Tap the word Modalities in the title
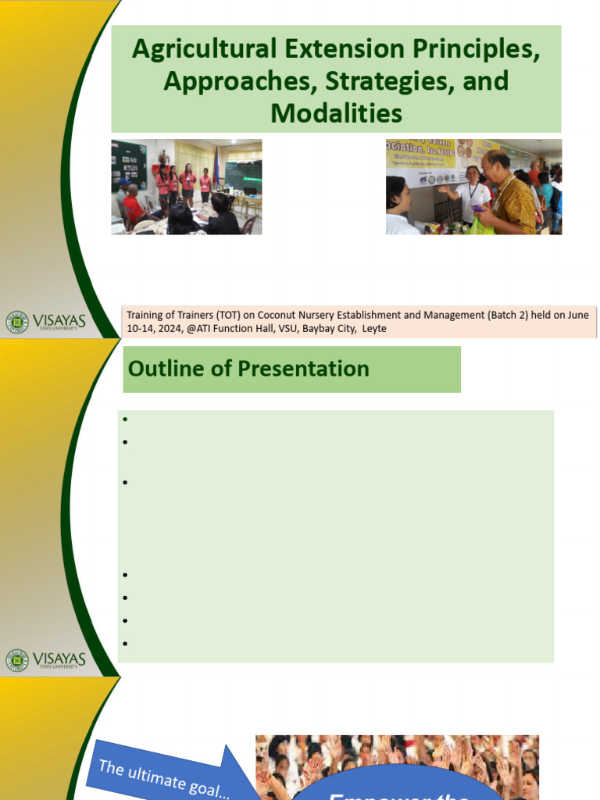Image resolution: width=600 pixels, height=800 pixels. tap(336, 113)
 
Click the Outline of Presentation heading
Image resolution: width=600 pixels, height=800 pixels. tap(248, 369)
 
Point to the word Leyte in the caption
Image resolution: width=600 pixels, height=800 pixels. tap(374, 329)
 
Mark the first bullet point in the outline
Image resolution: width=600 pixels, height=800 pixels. tap(125, 420)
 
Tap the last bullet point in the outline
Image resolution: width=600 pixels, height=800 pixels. tap(125, 645)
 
